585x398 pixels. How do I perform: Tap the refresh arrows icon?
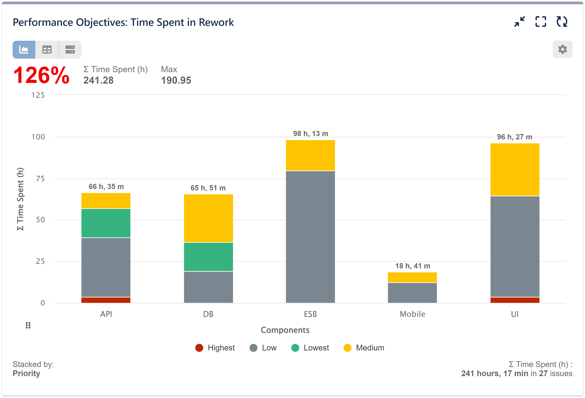562,22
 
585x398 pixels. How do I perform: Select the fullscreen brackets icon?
540,22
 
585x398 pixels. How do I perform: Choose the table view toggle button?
47,50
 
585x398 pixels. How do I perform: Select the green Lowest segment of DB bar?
208,257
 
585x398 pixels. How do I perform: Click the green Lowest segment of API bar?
106,223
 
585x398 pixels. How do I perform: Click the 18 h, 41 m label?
412,266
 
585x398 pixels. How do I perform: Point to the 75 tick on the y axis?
40,179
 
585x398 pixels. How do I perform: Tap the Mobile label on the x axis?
412,314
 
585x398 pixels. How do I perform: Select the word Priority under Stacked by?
26,373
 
